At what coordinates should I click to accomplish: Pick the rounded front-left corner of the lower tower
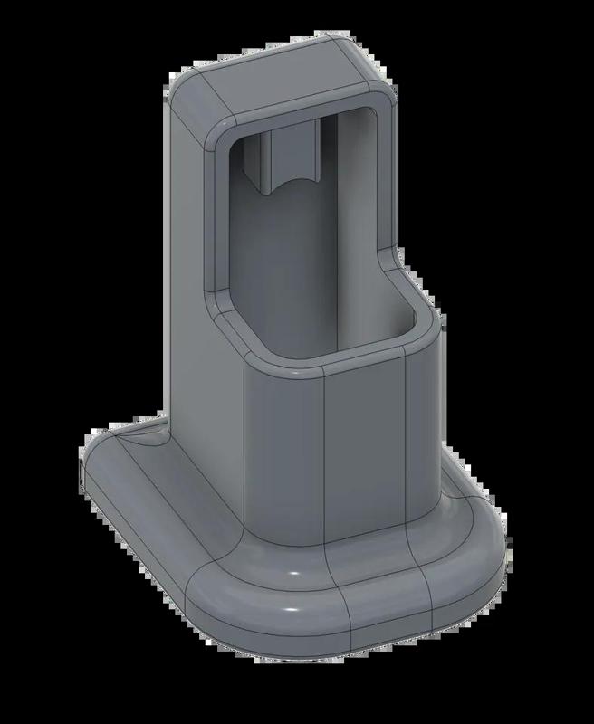[258, 452]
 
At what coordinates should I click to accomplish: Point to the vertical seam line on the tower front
[325, 462]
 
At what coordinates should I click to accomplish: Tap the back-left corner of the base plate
[100, 452]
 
